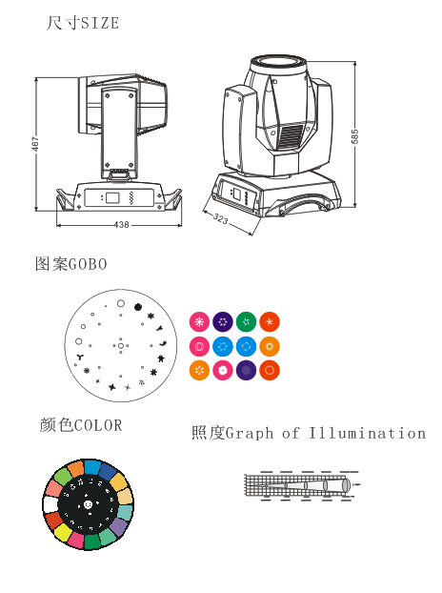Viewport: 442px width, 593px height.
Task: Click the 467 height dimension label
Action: click(34, 144)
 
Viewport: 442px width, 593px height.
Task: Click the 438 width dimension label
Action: click(122, 225)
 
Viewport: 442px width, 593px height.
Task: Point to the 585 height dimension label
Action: click(354, 136)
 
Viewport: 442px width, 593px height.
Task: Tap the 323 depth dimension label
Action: click(221, 218)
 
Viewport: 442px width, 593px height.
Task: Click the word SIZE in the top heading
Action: click(100, 24)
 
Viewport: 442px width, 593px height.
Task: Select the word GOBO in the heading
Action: click(88, 264)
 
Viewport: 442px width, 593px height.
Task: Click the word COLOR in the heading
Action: click(98, 425)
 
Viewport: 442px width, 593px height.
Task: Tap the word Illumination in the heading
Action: click(367, 433)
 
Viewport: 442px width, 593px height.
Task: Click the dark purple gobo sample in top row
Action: click(223, 322)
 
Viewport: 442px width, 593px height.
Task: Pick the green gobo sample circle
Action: click(247, 322)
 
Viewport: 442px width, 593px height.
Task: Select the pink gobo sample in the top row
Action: click(199, 322)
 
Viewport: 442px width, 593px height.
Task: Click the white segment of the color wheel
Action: click(50, 504)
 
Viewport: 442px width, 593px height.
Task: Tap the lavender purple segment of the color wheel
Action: click(120, 526)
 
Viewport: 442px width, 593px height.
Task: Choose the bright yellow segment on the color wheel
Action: click(63, 533)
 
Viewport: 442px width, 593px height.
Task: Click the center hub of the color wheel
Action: click(88, 504)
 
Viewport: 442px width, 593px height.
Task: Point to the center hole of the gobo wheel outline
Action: click(121, 346)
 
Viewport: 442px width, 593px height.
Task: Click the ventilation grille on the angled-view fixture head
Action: click(291, 136)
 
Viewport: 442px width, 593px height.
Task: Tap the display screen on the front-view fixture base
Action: click(112, 197)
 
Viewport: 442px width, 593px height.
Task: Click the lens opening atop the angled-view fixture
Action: click(278, 61)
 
